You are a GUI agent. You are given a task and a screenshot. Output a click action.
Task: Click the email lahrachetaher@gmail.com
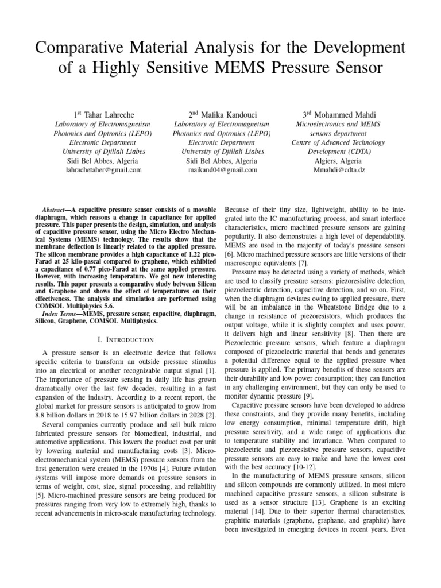tap(104, 170)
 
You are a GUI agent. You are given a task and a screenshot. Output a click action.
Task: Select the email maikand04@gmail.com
tap(223, 170)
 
